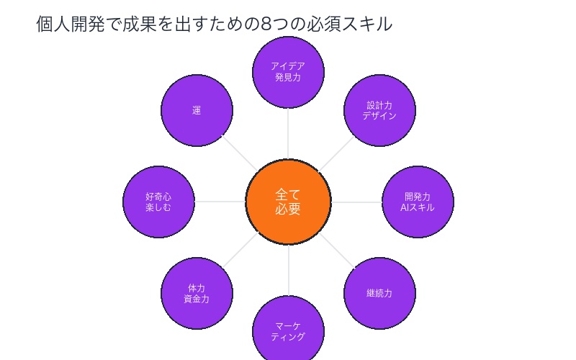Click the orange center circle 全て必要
point(288,202)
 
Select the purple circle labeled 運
point(197,111)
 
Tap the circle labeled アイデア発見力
point(288,71)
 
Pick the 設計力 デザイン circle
point(379,111)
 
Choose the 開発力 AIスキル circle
point(418,202)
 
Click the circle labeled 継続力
point(379,293)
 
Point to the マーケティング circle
point(288,331)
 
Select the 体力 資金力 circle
point(197,293)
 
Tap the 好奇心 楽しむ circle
point(158,202)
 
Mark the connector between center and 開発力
point(356,202)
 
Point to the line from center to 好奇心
point(220,202)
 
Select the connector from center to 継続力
point(336,249)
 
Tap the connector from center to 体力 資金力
point(240,249)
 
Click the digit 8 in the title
point(266,24)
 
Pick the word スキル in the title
point(368,24)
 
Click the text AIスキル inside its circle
point(418,207)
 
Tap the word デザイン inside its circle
point(379,116)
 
